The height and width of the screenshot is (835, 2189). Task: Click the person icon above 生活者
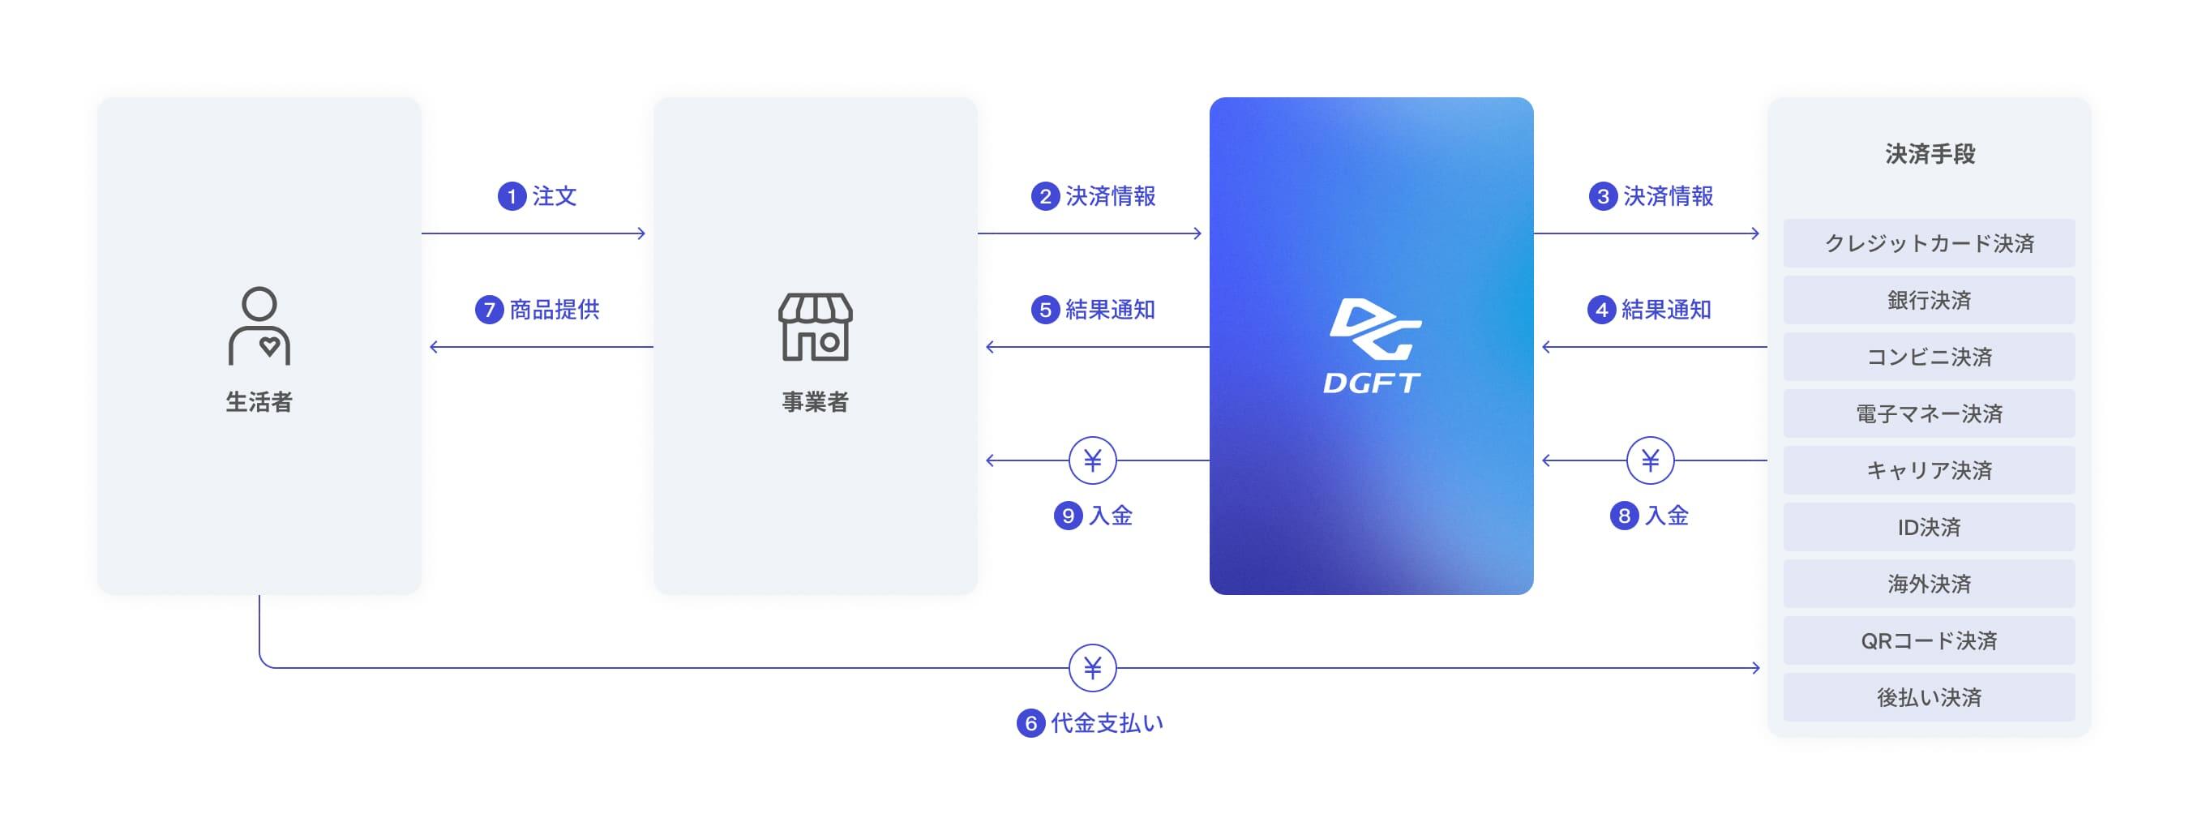(259, 326)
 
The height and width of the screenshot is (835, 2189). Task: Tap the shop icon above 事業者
(815, 327)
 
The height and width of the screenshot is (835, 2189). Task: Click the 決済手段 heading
(1930, 154)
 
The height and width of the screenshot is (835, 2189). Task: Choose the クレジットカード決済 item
(1929, 244)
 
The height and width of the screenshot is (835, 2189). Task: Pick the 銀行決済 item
(1929, 300)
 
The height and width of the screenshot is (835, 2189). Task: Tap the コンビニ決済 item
(1929, 357)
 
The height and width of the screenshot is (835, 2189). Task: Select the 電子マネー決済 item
(1929, 413)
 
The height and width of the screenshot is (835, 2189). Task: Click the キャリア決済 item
(1929, 470)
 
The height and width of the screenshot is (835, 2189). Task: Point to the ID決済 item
(1929, 528)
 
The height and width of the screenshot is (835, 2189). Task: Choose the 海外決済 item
(1929, 584)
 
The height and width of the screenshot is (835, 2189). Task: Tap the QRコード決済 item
(1929, 640)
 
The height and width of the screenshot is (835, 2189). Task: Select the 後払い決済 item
(1929, 697)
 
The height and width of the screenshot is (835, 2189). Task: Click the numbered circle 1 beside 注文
(512, 196)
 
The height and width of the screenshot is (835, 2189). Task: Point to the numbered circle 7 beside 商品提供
(489, 309)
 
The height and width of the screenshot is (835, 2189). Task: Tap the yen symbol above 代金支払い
(1092, 669)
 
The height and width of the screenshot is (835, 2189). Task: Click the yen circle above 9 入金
(1092, 460)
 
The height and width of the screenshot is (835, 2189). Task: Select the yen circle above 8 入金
(1649, 460)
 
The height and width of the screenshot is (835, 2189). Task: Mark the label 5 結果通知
(1094, 309)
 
